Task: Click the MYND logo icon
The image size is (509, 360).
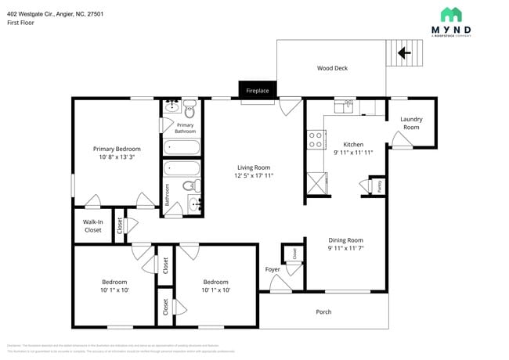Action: (450, 14)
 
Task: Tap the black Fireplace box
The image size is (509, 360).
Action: (258, 90)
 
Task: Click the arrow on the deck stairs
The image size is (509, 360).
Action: (405, 53)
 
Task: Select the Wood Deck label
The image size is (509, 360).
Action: (332, 68)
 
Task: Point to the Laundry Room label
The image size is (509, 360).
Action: (411, 123)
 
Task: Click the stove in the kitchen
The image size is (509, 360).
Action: (316, 139)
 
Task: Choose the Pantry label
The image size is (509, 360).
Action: (380, 185)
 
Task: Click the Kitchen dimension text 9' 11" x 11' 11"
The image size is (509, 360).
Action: (353, 153)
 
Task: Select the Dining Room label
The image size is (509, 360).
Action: (345, 239)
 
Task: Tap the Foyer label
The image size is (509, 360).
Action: (272, 269)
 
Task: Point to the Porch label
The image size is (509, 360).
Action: (323, 311)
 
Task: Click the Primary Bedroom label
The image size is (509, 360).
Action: (117, 149)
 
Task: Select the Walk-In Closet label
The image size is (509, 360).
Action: (92, 225)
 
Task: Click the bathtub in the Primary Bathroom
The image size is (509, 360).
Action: (182, 147)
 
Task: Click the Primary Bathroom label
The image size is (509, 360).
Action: (186, 128)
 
